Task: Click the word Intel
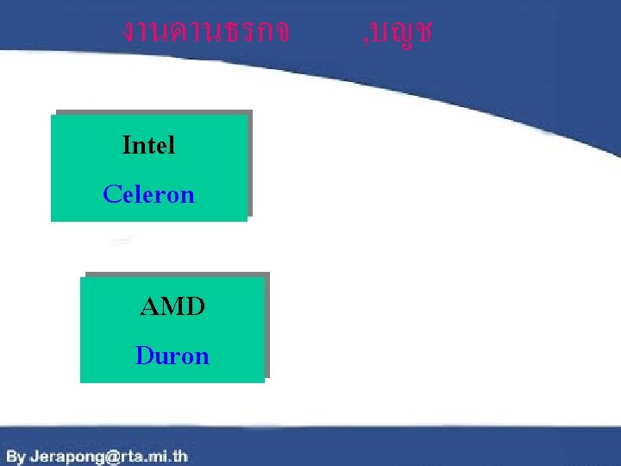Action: tap(148, 145)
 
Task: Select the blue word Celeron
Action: tap(148, 194)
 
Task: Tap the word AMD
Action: tap(172, 305)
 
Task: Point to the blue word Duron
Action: tap(172, 356)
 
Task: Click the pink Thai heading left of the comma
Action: tap(205, 32)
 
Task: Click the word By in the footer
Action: tap(16, 456)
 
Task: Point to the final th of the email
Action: tap(179, 456)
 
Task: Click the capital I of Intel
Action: tap(127, 145)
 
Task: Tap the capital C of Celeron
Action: tap(110, 194)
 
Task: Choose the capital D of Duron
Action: tap(143, 356)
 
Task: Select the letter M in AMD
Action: tap(172, 305)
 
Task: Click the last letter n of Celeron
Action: tap(189, 195)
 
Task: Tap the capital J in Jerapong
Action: tap(34, 456)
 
